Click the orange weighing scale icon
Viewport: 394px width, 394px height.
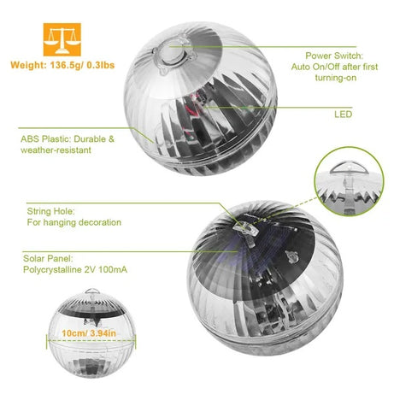pos(58,35)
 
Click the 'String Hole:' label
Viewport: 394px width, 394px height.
pos(52,210)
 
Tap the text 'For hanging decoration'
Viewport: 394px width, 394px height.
pos(74,222)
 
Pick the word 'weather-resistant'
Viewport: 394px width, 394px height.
pos(57,150)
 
